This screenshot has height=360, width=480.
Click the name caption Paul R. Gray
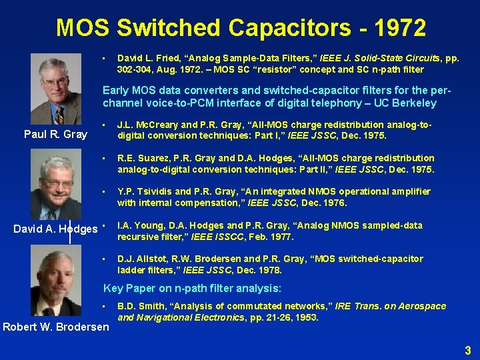pyautogui.click(x=55, y=134)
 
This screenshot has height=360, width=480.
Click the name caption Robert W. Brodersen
pyautogui.click(x=56, y=327)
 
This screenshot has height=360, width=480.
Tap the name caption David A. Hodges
pyautogui.click(x=56, y=229)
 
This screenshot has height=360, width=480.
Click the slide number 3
pyautogui.click(x=468, y=350)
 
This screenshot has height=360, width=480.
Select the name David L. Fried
pyautogui.click(x=146, y=59)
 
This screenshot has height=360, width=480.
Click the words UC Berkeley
pyautogui.click(x=407, y=103)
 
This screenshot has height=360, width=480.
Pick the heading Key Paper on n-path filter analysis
pyautogui.click(x=192, y=289)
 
